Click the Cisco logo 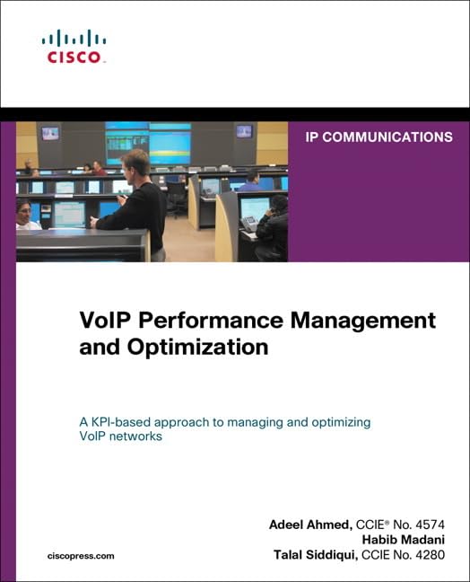[74, 46]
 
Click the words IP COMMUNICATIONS [379, 137]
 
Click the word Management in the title [354, 321]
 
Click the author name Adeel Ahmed [306, 524]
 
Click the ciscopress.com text [81, 556]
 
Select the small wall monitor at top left [49, 133]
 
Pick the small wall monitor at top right [244, 131]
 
